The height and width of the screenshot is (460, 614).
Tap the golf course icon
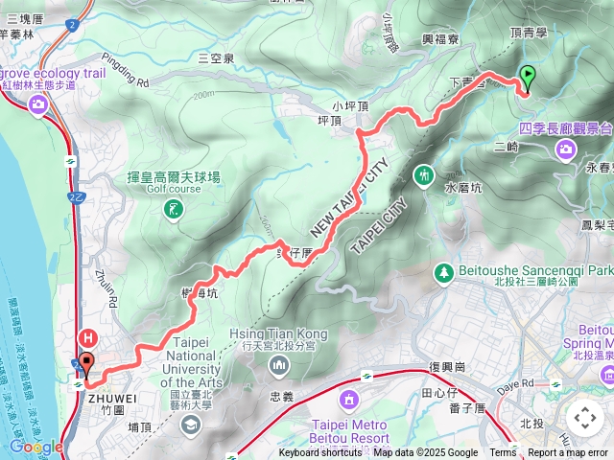click(173, 209)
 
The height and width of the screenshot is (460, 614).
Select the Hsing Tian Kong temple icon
click(279, 364)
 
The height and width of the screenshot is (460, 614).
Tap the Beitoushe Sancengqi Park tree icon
click(443, 273)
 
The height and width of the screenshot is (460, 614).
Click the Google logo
click(36, 447)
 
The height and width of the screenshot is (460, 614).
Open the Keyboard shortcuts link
click(321, 453)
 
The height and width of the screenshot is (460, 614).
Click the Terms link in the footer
click(503, 453)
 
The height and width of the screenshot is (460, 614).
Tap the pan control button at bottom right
click(584, 418)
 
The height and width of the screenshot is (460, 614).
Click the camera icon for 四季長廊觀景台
click(566, 148)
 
